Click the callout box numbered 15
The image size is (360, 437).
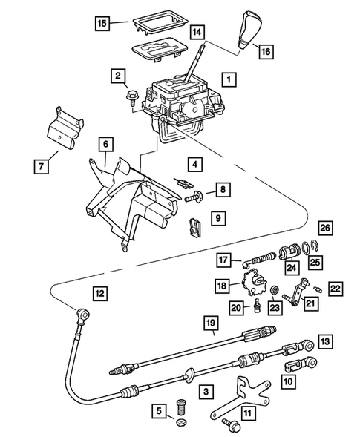coord(104,24)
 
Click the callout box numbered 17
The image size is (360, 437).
coord(224,260)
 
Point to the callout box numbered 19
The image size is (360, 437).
coord(212,323)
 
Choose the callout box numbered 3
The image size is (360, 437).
coord(204,389)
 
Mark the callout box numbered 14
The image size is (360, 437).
coord(197,32)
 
